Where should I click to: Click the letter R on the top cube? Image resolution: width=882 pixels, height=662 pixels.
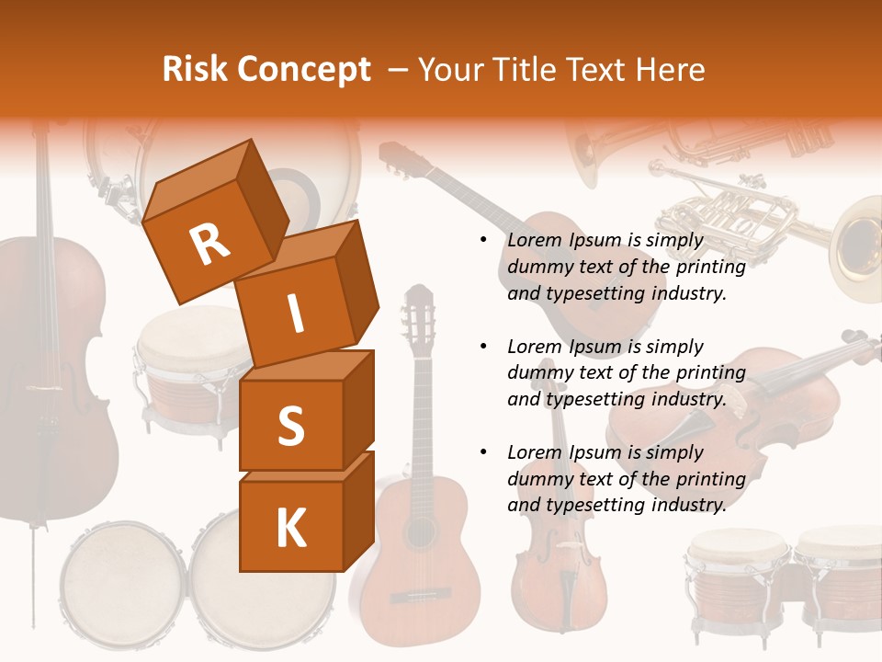click(209, 245)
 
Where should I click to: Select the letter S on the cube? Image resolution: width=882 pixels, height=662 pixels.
click(290, 426)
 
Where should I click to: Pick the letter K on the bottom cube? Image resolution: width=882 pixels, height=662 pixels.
click(290, 529)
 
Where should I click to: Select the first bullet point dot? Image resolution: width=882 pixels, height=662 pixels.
click(484, 241)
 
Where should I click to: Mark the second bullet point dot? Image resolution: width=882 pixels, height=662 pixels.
click(484, 347)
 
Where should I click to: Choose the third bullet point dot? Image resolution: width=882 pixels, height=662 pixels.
click(484, 452)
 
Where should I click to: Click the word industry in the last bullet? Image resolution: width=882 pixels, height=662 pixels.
click(688, 505)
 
